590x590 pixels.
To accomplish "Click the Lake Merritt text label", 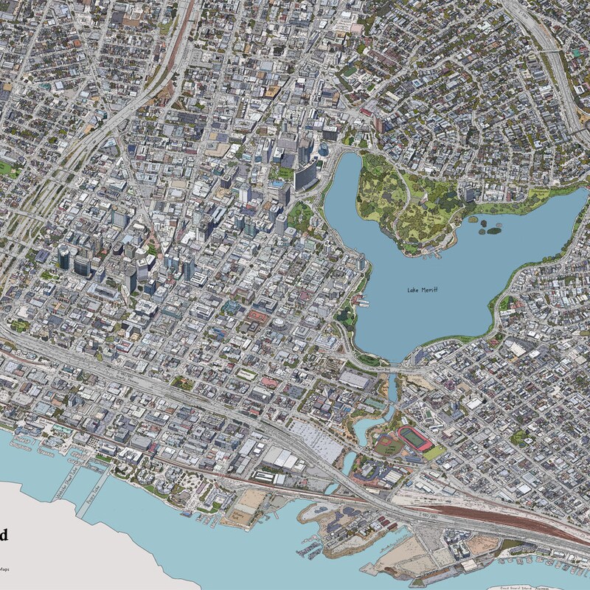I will click(x=423, y=290).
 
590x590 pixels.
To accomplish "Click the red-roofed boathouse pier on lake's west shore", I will click(x=361, y=300).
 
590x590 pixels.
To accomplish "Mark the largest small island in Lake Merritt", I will click(x=493, y=230).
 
